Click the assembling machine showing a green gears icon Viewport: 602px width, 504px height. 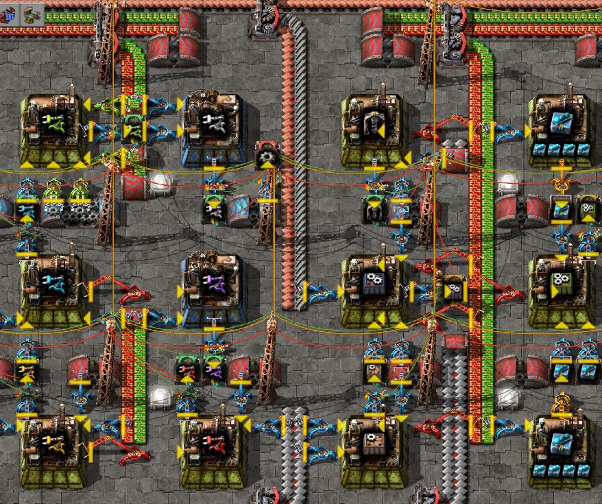[562, 283]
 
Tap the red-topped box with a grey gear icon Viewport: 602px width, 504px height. [265, 157]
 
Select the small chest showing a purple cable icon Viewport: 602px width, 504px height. [213, 370]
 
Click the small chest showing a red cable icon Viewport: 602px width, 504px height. [186, 370]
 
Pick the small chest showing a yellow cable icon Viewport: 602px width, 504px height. [26, 371]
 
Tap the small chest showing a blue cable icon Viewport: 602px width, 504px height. [26, 209]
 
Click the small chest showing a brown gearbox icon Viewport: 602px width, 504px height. [374, 370]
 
